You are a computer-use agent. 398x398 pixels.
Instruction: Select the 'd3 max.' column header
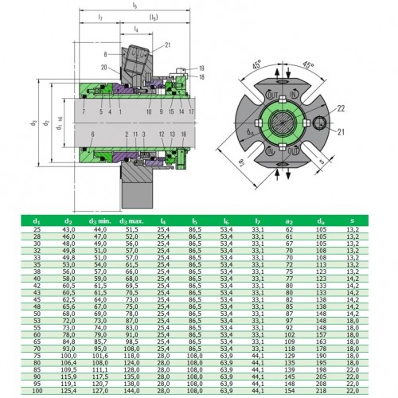(132, 220)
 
